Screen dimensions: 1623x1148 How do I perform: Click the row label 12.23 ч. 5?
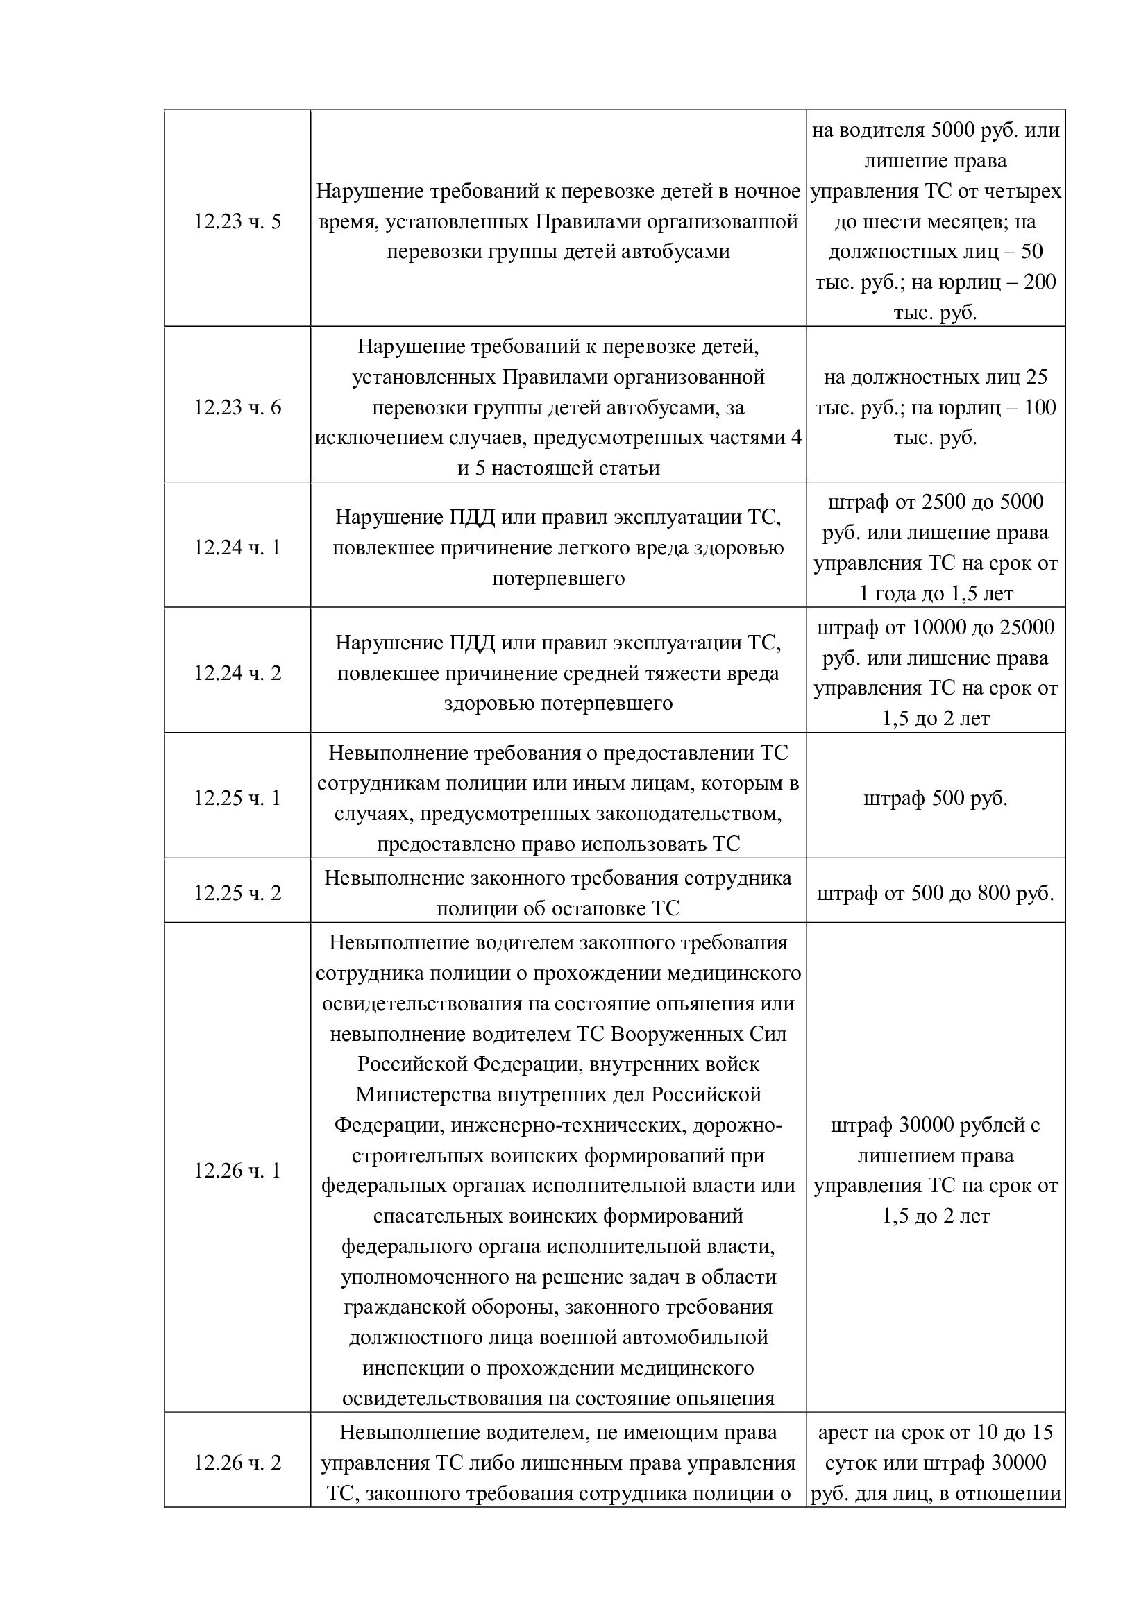237,222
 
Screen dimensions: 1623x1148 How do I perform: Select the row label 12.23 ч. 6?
237,408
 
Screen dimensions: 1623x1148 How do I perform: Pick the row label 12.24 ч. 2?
237,673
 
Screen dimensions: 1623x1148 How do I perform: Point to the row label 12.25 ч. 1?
237,798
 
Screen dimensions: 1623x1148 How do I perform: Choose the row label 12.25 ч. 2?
237,894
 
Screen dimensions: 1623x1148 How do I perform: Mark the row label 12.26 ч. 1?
237,1171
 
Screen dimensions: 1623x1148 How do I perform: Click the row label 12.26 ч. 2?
237,1463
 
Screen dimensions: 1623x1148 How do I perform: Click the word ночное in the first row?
767,192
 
